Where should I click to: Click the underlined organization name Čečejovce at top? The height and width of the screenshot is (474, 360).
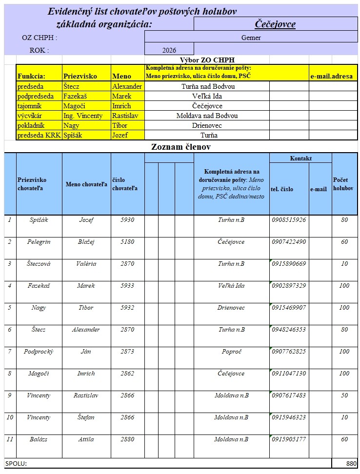pos(276,24)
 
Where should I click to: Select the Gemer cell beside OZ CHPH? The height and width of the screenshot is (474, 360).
pos(251,38)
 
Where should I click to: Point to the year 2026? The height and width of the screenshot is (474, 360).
pos(169,50)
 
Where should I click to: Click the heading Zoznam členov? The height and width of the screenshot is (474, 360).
pos(180,146)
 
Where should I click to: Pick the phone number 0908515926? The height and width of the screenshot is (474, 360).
pos(289,220)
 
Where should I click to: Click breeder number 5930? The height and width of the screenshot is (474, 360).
pos(127,220)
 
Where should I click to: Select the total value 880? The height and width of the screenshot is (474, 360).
pos(351,463)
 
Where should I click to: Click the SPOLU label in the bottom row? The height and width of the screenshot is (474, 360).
pos(16,463)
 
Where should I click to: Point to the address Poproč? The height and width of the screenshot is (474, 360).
pos(231,352)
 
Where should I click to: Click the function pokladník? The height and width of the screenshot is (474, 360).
pos(31,125)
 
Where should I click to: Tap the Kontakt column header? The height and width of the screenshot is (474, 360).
pos(300,158)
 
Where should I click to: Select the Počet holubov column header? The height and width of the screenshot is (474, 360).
pos(343,184)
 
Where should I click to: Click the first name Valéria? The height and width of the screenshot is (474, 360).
pos(86,264)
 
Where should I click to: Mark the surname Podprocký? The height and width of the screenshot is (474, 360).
pos(39,352)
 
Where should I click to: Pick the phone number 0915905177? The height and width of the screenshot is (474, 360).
pos(289,439)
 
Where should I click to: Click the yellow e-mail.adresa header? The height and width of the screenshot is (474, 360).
pos(331,76)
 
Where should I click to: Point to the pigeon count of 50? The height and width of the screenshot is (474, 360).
pos(344,395)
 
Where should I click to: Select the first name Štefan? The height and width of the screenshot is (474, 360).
pos(86,417)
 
